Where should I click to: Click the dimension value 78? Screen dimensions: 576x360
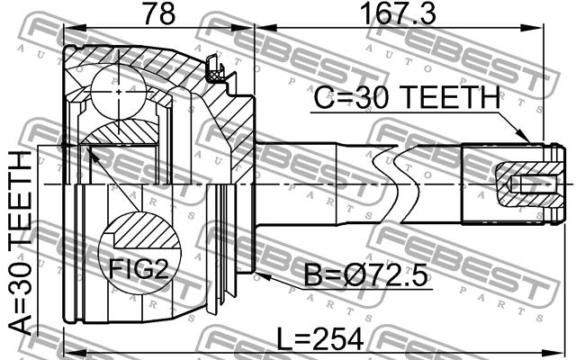point(158,13)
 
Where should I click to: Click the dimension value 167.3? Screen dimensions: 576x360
point(398,13)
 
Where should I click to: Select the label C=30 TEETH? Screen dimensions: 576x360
point(407,97)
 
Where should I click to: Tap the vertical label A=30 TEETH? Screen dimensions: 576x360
point(22,242)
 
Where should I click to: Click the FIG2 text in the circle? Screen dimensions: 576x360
point(139,270)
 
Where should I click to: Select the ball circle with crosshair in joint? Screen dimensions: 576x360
point(118,92)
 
